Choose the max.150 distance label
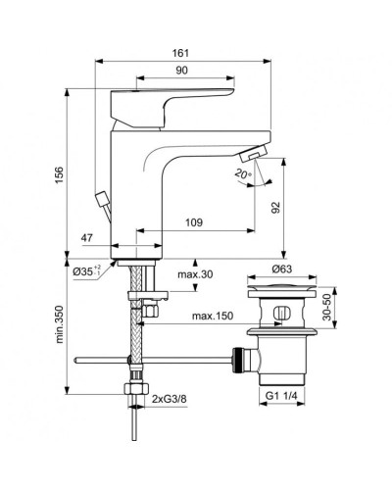point(211,317)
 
